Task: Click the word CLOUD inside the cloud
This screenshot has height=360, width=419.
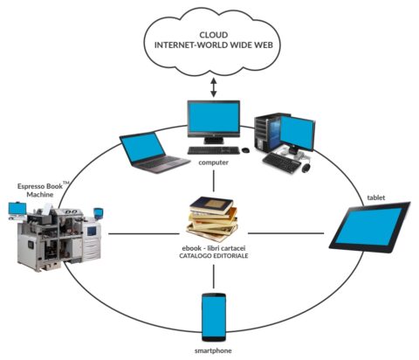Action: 214,35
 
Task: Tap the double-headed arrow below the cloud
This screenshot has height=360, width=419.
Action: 214,87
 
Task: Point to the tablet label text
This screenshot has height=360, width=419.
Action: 376,197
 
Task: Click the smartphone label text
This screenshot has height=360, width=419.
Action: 213,350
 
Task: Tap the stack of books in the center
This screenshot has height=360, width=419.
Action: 212,219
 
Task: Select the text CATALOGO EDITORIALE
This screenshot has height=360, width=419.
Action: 214,256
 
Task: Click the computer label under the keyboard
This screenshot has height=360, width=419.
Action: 213,163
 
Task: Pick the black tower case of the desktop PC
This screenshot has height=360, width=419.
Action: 264,133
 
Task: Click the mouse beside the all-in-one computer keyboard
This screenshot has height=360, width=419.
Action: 245,150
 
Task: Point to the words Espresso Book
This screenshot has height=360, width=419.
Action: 40,186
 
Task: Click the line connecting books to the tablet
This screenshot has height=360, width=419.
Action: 286,233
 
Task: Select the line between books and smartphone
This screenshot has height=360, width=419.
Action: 214,276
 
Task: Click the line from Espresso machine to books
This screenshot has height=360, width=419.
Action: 144,233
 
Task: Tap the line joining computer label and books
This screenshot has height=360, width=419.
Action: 214,181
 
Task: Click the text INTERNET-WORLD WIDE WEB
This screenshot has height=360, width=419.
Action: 214,45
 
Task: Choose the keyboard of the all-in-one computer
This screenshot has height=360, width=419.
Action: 214,150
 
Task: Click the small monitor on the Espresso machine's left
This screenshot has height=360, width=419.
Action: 17,209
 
